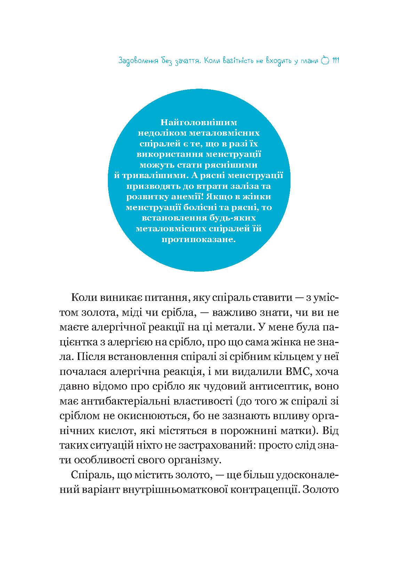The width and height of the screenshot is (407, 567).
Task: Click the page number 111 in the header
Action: pos(336,61)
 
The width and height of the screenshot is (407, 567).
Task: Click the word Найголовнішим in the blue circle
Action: pos(199,122)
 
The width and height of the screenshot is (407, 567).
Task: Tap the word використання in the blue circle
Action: pos(169,154)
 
